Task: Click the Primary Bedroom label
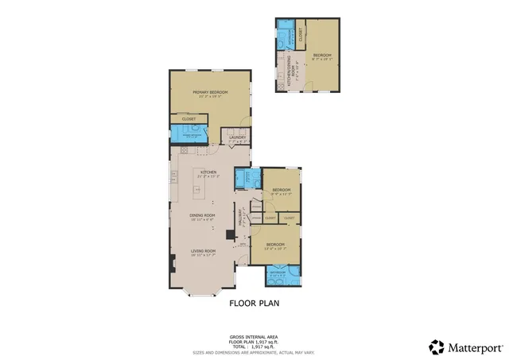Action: click(208, 92)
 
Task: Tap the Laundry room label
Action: click(237, 138)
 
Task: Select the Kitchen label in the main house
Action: click(208, 172)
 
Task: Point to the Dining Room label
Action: click(203, 215)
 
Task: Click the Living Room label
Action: click(203, 252)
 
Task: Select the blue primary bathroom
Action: click(189, 136)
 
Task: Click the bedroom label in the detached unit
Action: click(322, 55)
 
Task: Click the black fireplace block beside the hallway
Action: click(230, 235)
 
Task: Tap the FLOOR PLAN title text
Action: click(254, 303)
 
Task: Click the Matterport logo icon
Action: click(437, 347)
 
